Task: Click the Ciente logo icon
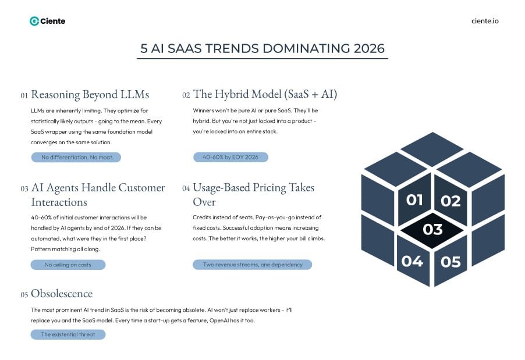(x=34, y=21)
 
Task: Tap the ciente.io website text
(x=484, y=21)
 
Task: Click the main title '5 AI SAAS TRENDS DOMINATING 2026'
(x=262, y=48)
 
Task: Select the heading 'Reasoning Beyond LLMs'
(x=90, y=94)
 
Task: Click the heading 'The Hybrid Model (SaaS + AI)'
(x=265, y=94)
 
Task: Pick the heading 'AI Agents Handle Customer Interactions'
(x=98, y=195)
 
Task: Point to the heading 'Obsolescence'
(x=62, y=294)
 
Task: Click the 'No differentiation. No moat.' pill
(x=76, y=157)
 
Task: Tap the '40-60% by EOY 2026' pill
(x=230, y=157)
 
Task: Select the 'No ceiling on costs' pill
(x=68, y=265)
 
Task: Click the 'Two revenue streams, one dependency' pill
(x=252, y=265)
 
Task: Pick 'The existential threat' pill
(x=68, y=334)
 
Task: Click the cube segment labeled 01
(x=414, y=200)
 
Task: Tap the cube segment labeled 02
(x=450, y=201)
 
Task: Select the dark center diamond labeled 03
(x=432, y=229)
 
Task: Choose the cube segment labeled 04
(x=412, y=261)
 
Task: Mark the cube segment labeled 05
(x=451, y=262)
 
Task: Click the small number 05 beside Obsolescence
(x=24, y=295)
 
